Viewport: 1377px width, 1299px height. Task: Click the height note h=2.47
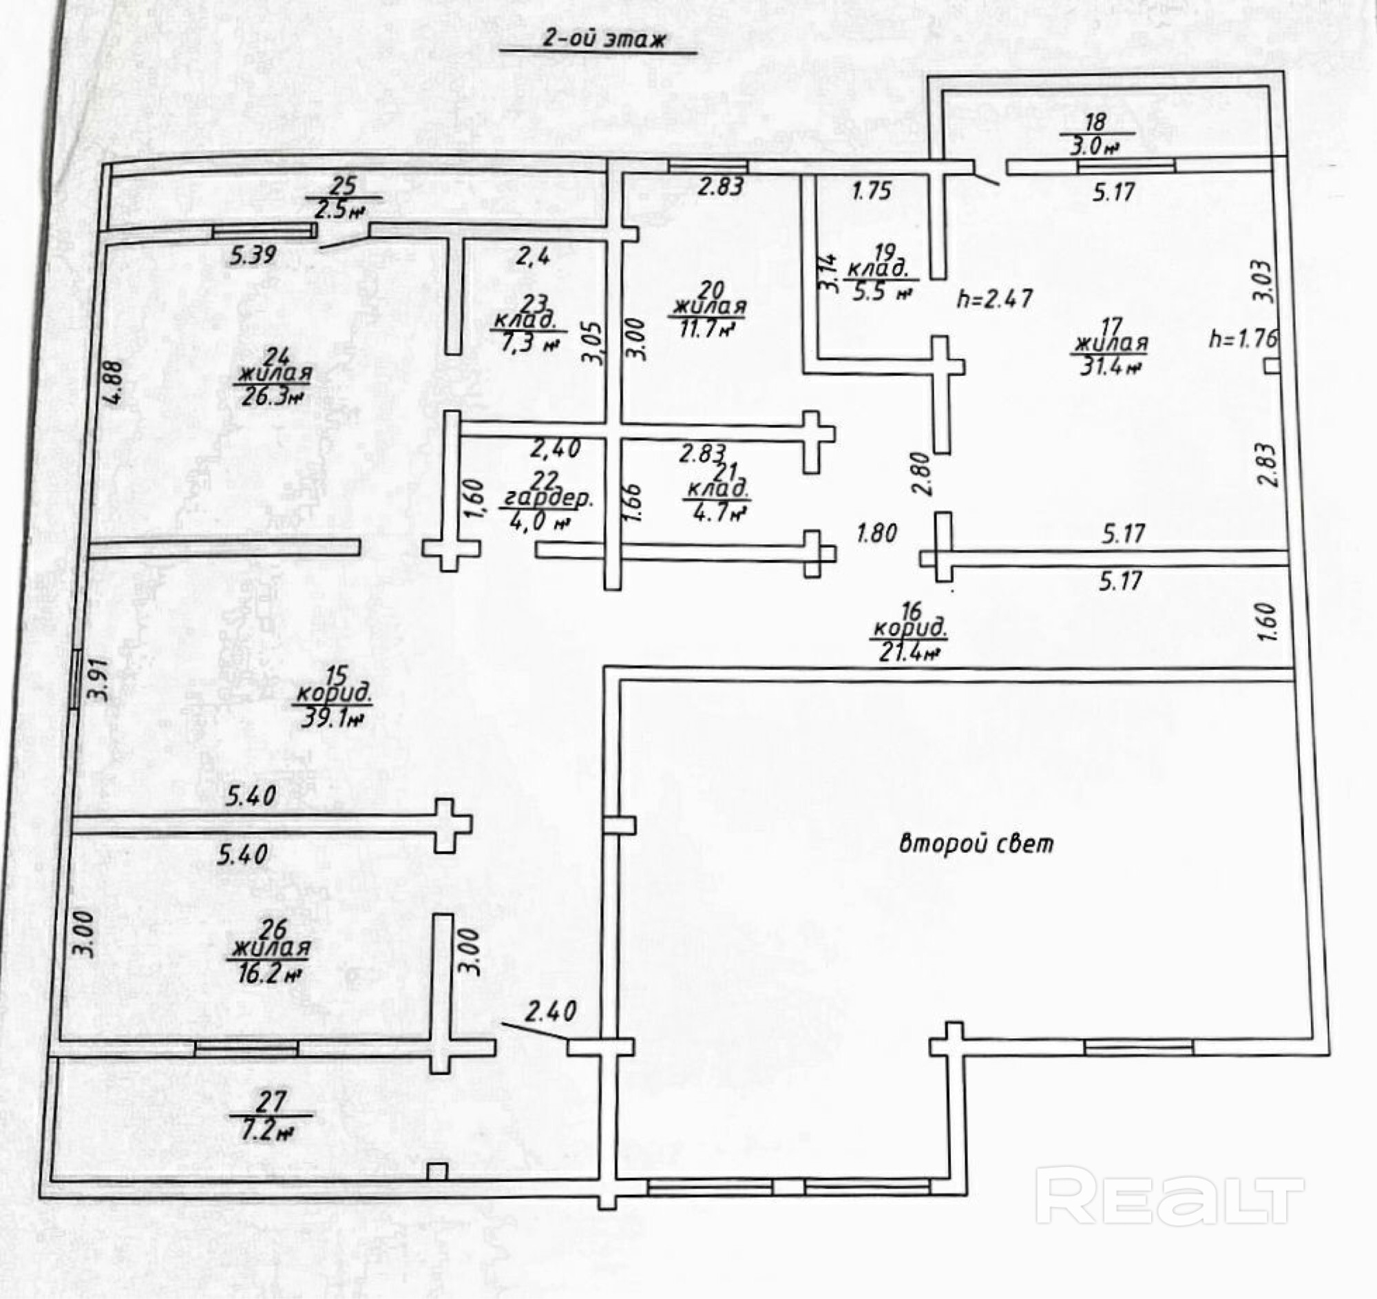coord(995,299)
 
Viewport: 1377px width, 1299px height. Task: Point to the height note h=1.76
coord(1243,339)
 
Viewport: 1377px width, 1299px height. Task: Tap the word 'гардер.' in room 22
coord(547,499)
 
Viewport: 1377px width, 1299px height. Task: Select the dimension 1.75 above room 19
coord(872,190)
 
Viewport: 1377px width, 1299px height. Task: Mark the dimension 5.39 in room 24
coord(253,255)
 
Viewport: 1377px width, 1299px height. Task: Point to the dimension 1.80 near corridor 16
coord(877,534)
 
